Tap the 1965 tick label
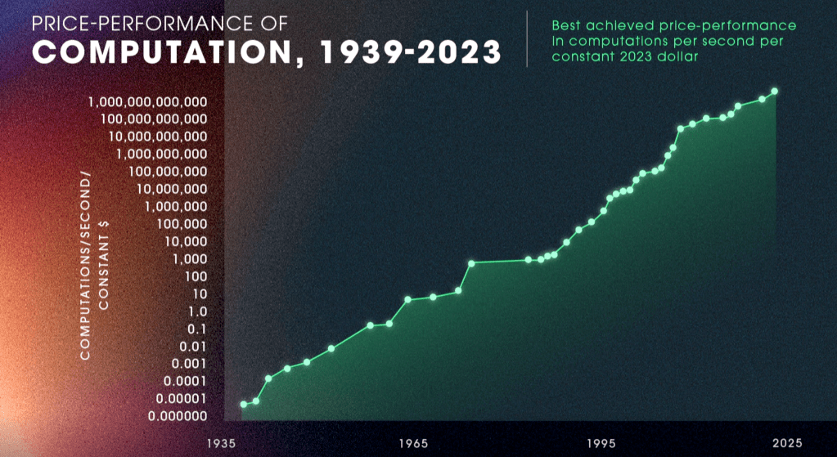click(413, 443)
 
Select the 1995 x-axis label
click(601, 443)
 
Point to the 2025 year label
click(787, 443)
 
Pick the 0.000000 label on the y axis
click(172, 416)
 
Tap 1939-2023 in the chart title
click(412, 53)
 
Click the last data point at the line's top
click(775, 92)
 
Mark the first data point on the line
click(244, 404)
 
